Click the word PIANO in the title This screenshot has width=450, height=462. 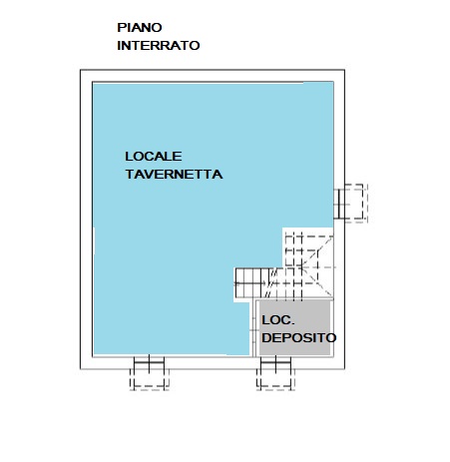140,27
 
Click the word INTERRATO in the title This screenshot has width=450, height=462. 159,45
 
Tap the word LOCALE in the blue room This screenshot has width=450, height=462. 154,157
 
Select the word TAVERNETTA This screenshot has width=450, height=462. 174,175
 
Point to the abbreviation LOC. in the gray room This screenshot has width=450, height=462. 278,320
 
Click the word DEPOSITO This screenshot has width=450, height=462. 298,338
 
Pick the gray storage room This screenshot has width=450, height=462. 295,327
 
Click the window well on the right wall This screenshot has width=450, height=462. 350,203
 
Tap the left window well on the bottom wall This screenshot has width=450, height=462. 150,373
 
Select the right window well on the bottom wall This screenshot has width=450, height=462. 275,373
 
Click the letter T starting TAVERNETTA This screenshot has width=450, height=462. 130,175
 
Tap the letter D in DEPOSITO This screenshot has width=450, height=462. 266,338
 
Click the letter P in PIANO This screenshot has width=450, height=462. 121,27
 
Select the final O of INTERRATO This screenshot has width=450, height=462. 195,45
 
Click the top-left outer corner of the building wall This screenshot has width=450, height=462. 81,70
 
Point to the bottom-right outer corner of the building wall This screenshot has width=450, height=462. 344,369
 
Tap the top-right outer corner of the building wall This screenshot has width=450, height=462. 344,70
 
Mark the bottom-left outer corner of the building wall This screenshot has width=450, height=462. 81,369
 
